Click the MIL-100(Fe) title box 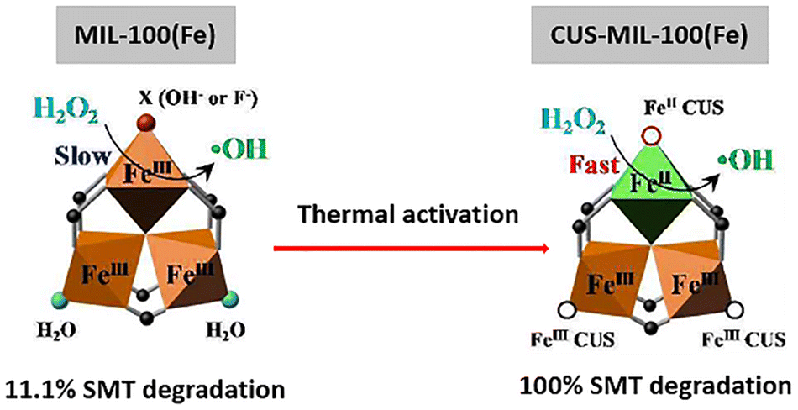pos(146,35)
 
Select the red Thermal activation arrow pos(412,249)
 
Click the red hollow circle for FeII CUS pos(649,136)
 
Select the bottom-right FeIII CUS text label pos(743,339)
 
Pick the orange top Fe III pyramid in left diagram pos(146,164)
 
